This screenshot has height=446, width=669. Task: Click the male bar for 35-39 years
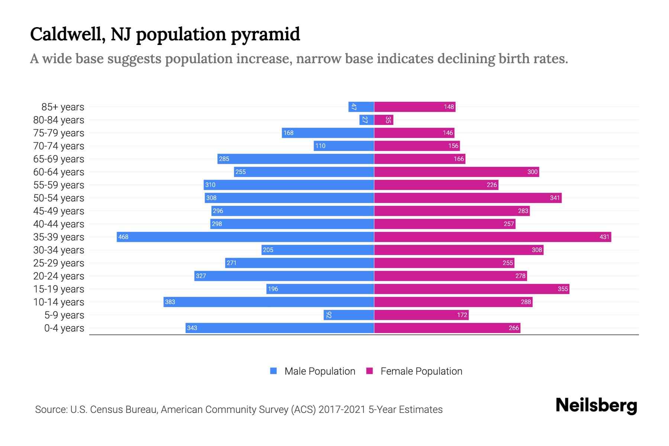[245, 237]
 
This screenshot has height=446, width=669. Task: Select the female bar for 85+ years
[414, 107]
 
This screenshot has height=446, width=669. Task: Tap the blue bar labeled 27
[366, 120]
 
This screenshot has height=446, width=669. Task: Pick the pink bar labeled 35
[384, 120]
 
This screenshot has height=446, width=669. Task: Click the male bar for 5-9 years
[349, 315]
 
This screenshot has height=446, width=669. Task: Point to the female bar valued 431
[492, 237]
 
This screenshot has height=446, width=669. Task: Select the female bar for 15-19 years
[471, 289]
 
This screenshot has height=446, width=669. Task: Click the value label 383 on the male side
[170, 302]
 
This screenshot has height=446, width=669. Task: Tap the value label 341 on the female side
[555, 198]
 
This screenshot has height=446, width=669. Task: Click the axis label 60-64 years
[59, 172]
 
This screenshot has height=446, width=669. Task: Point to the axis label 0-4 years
[64, 328]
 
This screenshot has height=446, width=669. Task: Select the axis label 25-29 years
[59, 263]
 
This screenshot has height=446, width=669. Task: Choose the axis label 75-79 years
[59, 133]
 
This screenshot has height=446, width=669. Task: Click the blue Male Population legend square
[274, 371]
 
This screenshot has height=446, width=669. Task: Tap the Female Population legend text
[421, 371]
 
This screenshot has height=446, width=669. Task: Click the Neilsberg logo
[596, 405]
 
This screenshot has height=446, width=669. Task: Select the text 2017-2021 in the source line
[342, 410]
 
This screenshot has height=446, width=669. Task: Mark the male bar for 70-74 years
[344, 146]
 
